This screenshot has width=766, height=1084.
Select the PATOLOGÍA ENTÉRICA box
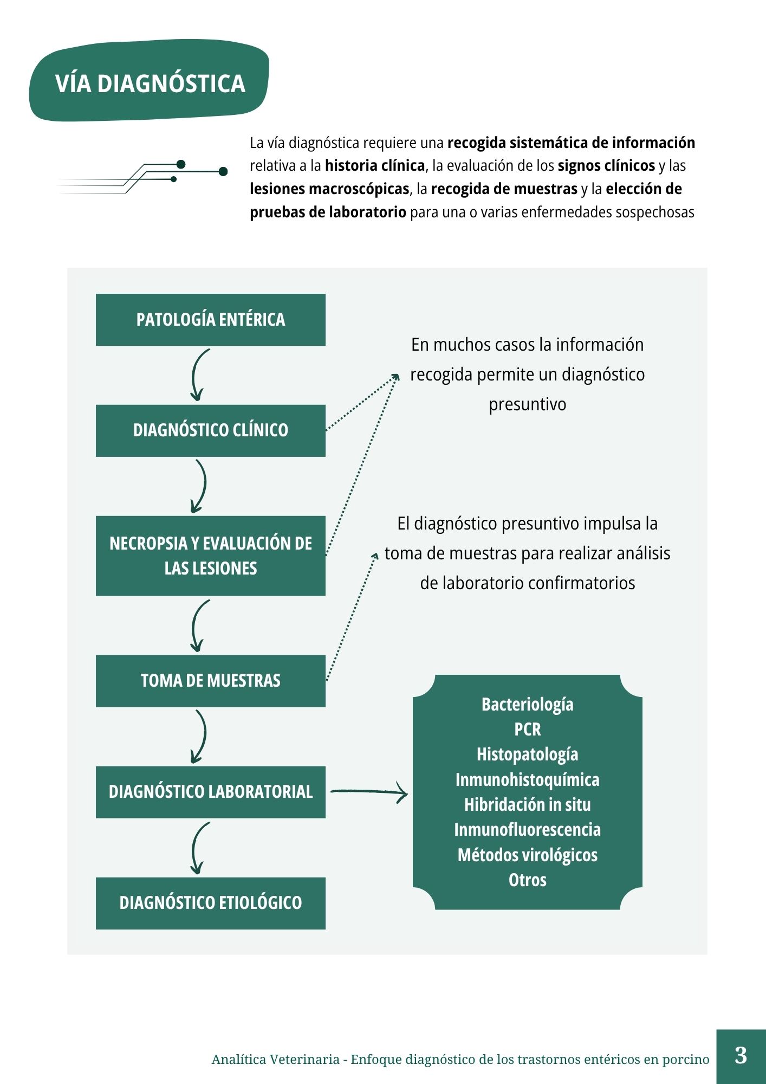(x=211, y=320)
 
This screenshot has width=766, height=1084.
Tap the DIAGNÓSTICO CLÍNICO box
(x=211, y=430)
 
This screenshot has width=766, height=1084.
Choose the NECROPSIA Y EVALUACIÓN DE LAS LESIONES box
(x=211, y=556)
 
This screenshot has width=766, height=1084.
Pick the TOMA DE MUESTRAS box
(x=211, y=681)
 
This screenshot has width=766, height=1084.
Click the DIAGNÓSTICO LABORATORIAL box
(x=211, y=792)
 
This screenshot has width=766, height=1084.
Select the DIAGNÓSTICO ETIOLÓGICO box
(x=211, y=903)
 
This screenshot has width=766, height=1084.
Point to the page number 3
(x=741, y=1056)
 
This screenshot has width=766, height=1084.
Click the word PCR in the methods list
(x=527, y=730)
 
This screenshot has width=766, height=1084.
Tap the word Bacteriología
(x=527, y=705)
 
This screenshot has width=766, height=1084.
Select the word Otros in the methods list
(x=527, y=880)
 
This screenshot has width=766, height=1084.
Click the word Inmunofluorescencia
(x=527, y=830)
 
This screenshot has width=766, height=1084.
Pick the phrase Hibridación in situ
(x=527, y=805)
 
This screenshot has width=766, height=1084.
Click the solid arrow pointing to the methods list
(x=369, y=792)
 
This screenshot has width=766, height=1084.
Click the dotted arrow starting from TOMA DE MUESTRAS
(x=352, y=616)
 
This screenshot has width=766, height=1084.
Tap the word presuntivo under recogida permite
(x=527, y=405)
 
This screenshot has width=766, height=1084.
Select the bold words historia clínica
(x=375, y=166)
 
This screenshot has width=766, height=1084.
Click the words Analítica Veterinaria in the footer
(x=276, y=1060)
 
